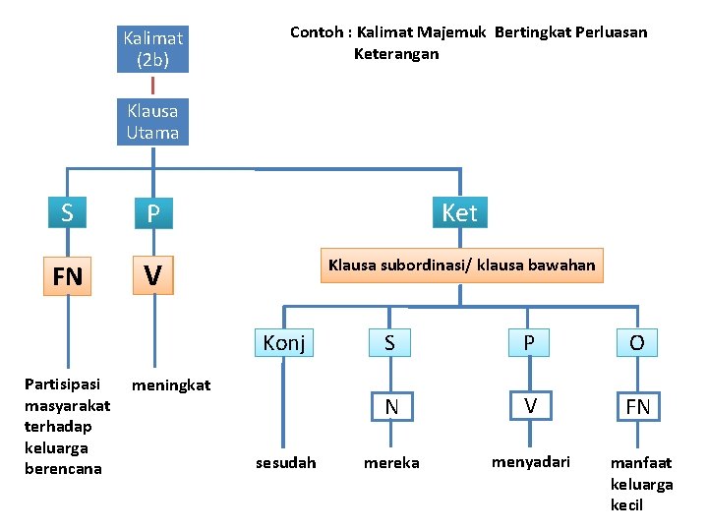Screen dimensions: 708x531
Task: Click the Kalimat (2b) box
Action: [152, 49]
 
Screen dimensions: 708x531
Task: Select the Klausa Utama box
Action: [152, 122]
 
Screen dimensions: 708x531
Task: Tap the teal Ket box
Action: [459, 212]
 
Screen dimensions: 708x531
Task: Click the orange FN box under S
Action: [67, 276]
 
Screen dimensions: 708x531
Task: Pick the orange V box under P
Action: [153, 275]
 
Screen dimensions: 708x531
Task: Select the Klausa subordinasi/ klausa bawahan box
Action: [462, 265]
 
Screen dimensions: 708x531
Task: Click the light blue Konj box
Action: [284, 343]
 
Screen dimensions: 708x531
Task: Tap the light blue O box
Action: [637, 343]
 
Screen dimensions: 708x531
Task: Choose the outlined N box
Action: [392, 406]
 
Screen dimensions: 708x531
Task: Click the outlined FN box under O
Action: [638, 406]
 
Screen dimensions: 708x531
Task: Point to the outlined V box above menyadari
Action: [531, 405]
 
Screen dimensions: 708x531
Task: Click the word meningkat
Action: [171, 385]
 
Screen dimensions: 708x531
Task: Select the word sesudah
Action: [286, 463]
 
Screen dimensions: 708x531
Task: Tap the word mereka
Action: [391, 463]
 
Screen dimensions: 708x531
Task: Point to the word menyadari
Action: [531, 462]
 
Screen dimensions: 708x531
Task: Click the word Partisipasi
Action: [62, 384]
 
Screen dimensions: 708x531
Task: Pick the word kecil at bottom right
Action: [626, 504]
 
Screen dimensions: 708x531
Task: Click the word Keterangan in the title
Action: [396, 54]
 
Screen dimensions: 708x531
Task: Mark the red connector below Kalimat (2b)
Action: [152, 86]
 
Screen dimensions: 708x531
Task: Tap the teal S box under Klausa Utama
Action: [67, 212]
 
